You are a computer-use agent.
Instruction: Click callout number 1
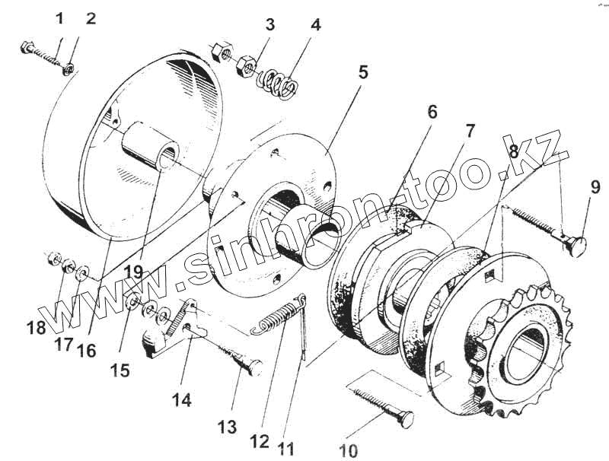click(x=60, y=18)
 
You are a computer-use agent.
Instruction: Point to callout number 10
click(x=348, y=450)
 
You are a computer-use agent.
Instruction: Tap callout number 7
click(x=470, y=130)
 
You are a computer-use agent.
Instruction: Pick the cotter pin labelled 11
click(x=303, y=323)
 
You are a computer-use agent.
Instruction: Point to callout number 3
click(x=270, y=24)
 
